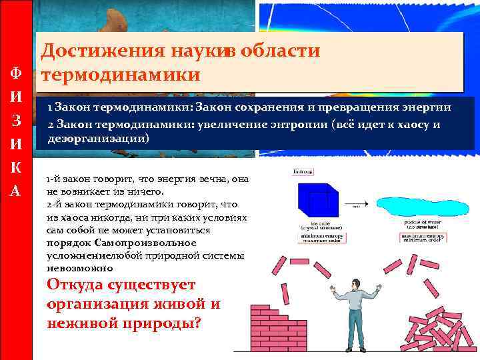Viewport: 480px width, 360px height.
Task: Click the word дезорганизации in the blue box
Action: click(98, 139)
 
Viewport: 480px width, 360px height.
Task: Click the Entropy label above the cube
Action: click(299, 173)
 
